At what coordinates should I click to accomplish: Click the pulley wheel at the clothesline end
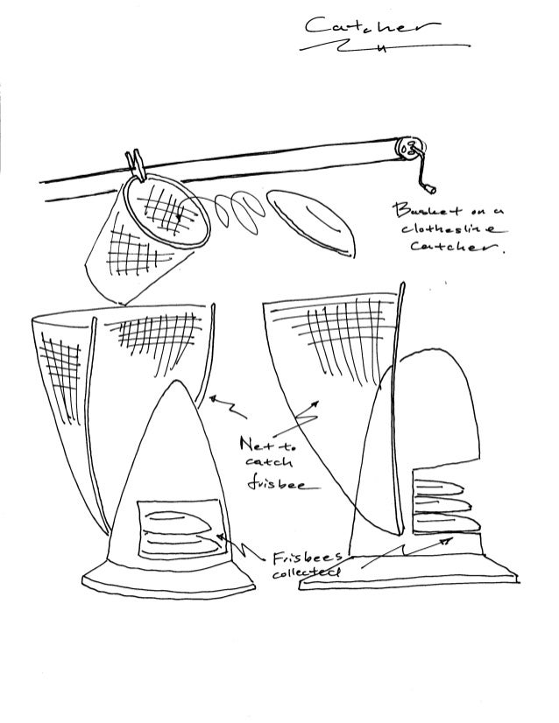click(x=408, y=146)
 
